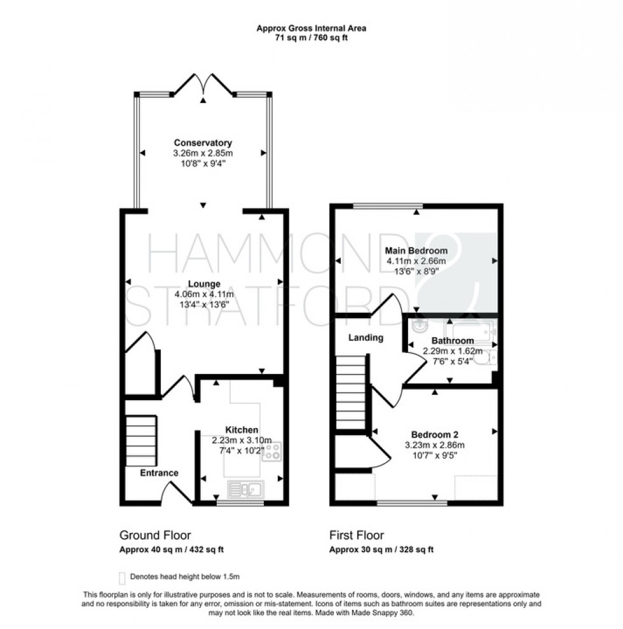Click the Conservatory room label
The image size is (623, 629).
click(x=203, y=142)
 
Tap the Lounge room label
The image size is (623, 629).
click(x=203, y=284)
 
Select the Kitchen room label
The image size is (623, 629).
click(x=242, y=430)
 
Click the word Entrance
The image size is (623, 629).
click(x=159, y=473)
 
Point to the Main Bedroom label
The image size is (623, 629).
click(x=416, y=251)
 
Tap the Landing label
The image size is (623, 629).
click(x=365, y=338)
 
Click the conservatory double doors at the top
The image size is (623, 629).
click(x=203, y=88)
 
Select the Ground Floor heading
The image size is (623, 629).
click(x=155, y=535)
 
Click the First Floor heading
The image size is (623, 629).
click(x=356, y=535)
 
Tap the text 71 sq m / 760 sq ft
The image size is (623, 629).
click(x=311, y=38)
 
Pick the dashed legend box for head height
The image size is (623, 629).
click(x=122, y=577)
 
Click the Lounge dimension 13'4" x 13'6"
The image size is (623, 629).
click(x=203, y=304)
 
